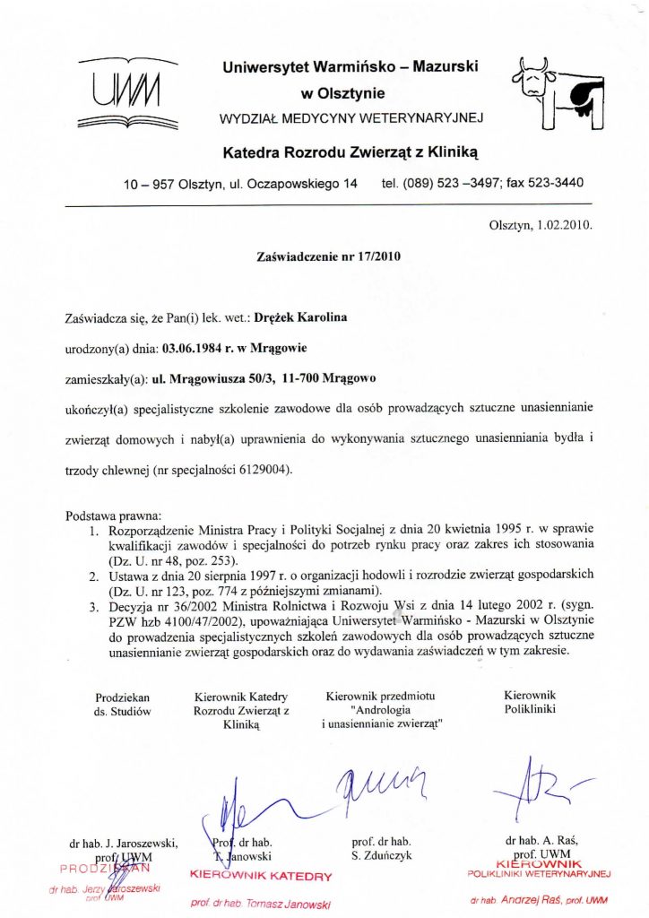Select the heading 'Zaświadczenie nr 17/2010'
329,255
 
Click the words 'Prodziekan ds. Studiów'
123,704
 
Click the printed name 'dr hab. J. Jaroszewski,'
124,844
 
